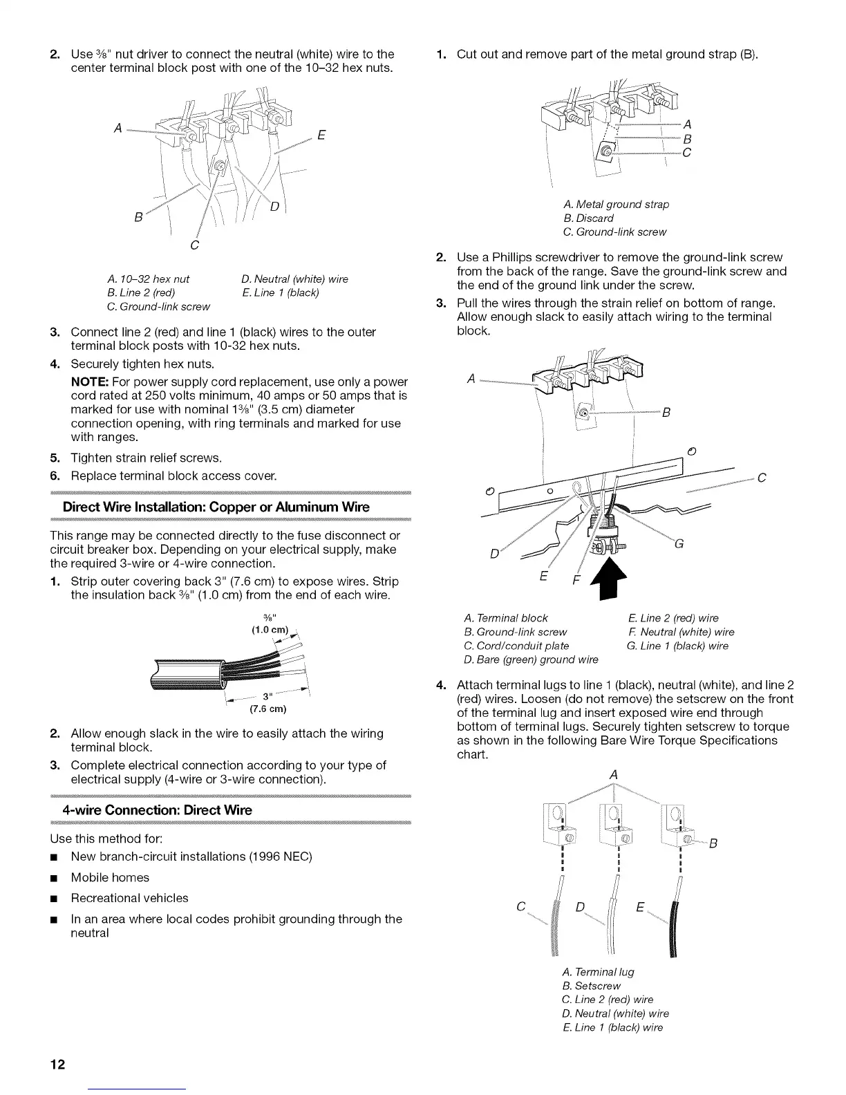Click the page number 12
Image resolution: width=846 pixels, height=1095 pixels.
57,1063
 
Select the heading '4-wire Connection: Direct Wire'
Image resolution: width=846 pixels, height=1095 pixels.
157,809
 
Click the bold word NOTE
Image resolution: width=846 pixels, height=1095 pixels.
88,382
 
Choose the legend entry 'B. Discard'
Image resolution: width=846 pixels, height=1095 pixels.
588,218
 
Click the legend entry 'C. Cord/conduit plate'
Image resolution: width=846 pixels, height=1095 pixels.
518,646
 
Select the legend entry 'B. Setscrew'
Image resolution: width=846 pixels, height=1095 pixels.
592,986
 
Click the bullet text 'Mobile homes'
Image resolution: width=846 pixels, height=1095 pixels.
110,877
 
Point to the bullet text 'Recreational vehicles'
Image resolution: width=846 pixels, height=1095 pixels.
129,898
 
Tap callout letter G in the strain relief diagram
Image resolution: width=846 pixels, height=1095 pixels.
678,543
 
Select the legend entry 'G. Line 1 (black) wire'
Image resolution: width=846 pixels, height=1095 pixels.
677,646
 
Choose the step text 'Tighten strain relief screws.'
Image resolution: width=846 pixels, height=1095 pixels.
147,458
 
